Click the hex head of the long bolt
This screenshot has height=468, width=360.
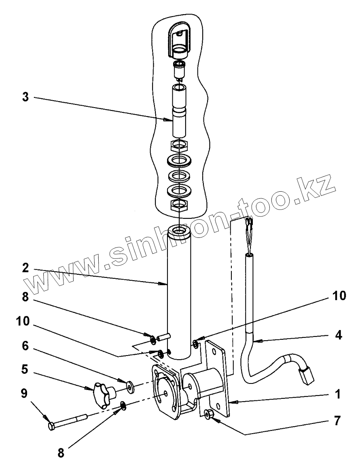coord(52,426)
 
